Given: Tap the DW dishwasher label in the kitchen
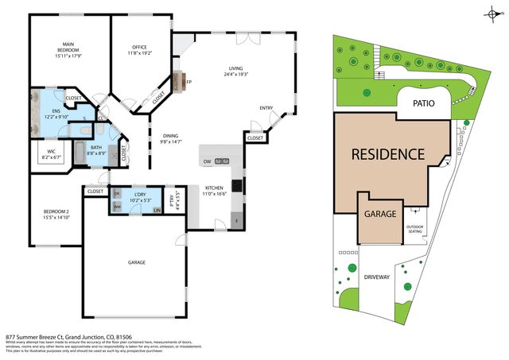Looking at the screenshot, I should (x=207, y=161).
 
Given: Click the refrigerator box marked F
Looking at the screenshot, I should (x=235, y=219).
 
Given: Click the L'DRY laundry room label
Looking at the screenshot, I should (x=140, y=195).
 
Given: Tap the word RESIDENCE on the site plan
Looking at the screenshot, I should (x=388, y=153).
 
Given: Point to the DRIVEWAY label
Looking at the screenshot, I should (x=376, y=277).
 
